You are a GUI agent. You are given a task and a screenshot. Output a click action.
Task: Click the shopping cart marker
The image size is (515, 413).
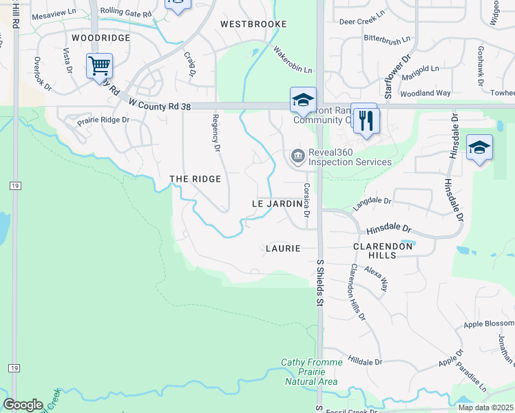(100, 67)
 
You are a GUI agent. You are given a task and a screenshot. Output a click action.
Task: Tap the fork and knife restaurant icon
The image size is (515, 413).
(366, 121)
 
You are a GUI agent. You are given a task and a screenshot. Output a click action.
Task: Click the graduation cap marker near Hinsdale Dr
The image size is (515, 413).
(479, 149)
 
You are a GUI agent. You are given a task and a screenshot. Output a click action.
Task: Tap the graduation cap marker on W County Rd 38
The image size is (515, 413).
(303, 101)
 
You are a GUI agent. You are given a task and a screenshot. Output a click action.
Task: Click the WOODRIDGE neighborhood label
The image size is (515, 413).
(101, 38)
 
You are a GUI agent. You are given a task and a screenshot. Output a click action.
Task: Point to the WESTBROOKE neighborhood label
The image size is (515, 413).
(253, 24)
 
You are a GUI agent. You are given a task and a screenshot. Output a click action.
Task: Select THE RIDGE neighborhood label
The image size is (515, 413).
(196, 179)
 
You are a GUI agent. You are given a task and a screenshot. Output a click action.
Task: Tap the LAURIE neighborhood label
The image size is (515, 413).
(283, 248)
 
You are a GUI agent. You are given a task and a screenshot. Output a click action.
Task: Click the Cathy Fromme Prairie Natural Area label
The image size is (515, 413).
(310, 372)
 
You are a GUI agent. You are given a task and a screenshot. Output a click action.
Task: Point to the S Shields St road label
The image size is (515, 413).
(319, 282)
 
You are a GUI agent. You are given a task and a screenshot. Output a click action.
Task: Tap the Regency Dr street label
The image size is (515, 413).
(216, 133)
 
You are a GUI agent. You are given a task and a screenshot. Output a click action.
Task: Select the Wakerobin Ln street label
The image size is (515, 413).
(293, 61)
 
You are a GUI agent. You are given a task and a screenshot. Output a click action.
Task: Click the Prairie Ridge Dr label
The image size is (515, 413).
(103, 120)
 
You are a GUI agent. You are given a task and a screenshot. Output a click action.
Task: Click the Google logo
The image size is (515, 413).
(23, 405)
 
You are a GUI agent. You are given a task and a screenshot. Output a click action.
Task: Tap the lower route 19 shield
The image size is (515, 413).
(13, 368)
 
